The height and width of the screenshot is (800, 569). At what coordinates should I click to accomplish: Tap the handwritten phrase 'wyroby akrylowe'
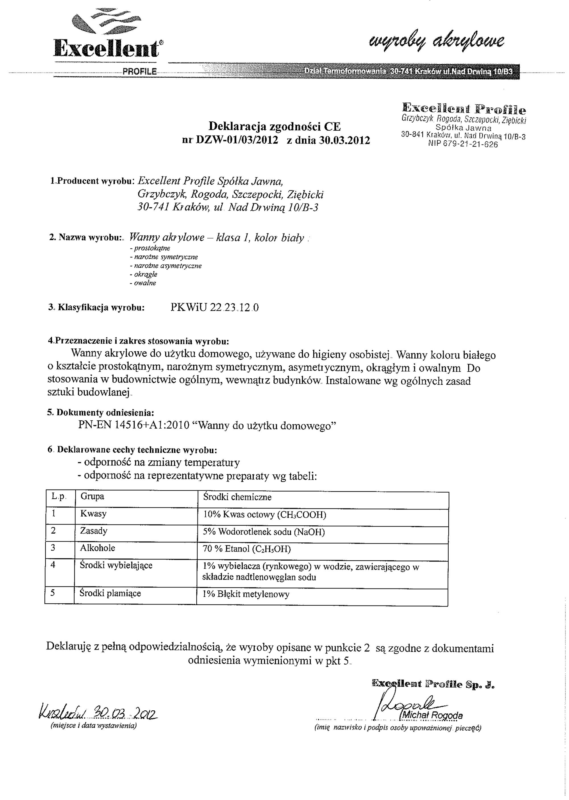coord(436,42)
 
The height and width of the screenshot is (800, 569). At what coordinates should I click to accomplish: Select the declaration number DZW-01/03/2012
coord(237,140)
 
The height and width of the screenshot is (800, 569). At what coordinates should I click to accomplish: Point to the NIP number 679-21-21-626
coord(463,144)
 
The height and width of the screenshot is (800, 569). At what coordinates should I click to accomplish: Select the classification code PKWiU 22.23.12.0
coord(215,308)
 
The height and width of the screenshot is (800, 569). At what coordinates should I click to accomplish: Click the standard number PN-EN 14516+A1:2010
coord(133,425)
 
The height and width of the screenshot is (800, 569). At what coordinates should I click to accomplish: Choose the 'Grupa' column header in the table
coord(92,497)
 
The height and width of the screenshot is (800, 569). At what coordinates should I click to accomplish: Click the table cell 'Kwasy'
coord(93,514)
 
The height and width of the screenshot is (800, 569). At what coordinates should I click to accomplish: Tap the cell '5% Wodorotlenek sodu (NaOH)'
coord(264,532)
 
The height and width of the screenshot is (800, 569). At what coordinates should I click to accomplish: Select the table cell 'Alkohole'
coord(97,548)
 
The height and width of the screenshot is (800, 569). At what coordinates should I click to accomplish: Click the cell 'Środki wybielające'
coord(116,565)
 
